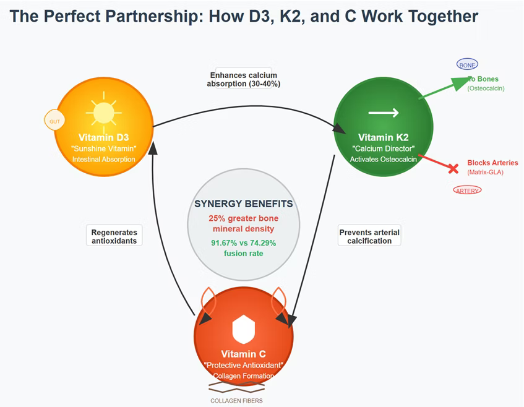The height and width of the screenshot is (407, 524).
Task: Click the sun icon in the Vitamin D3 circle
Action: (x=104, y=112)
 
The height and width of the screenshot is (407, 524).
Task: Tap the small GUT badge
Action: (x=54, y=121)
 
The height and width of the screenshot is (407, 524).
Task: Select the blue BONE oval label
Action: (x=467, y=64)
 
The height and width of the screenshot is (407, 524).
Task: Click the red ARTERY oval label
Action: (x=467, y=191)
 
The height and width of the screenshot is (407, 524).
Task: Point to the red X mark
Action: (x=453, y=168)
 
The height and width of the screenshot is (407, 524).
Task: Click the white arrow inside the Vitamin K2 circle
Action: (x=384, y=113)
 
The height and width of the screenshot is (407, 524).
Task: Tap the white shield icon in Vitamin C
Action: (x=244, y=329)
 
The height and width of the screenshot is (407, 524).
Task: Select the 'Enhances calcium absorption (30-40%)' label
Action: (x=244, y=79)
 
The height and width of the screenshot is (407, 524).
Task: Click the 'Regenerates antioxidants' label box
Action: (x=114, y=236)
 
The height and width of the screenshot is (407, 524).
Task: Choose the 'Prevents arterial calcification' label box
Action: (x=369, y=236)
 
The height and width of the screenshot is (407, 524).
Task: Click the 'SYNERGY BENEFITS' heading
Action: (x=244, y=204)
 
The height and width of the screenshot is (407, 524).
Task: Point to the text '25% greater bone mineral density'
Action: (x=244, y=223)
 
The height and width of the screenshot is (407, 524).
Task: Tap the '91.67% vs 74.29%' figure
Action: (x=244, y=243)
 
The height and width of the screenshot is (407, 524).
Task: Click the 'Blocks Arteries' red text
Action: (x=493, y=163)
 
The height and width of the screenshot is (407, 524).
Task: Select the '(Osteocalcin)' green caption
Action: (x=486, y=88)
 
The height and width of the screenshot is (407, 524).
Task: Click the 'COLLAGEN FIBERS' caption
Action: (x=237, y=401)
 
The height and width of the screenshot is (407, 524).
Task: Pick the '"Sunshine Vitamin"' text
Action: (x=104, y=148)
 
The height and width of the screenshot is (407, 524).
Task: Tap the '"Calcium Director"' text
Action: (x=383, y=148)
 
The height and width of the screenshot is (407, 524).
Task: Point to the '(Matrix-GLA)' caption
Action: (x=485, y=172)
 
